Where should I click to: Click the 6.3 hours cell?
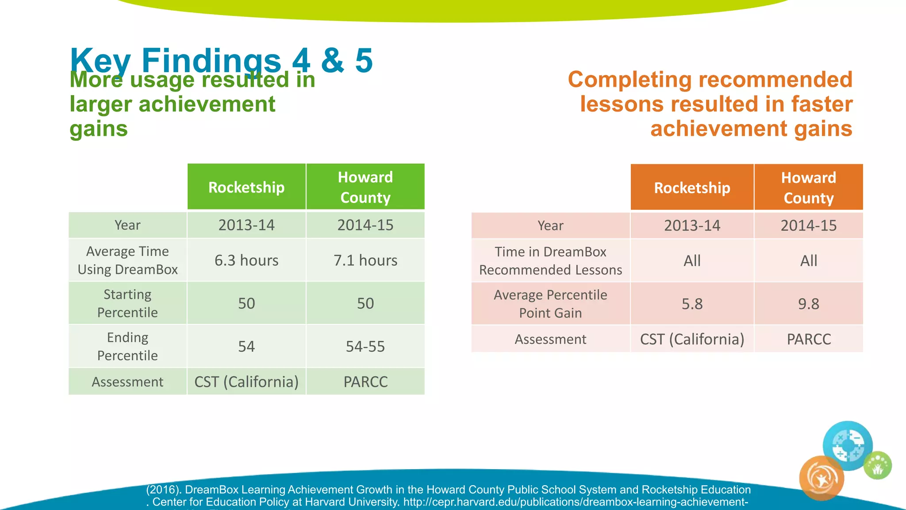(x=246, y=260)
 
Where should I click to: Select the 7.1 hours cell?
(x=365, y=260)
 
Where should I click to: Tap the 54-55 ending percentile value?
(x=365, y=346)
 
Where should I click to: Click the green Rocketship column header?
(x=246, y=187)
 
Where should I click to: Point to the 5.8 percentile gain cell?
(x=692, y=304)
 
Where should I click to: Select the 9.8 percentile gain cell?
(x=809, y=304)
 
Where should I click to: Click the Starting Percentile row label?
(x=127, y=303)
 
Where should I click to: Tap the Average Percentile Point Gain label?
(x=550, y=304)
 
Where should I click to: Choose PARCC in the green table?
(x=365, y=382)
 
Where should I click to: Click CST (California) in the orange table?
(x=692, y=339)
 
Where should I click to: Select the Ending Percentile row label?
(x=127, y=346)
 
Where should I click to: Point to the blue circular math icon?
(x=847, y=445)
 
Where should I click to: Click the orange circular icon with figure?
(x=822, y=479)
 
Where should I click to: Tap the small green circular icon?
(x=878, y=466)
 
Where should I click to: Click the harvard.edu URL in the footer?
(x=575, y=502)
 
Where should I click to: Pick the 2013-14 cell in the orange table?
(x=692, y=226)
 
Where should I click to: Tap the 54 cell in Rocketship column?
(x=246, y=346)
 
